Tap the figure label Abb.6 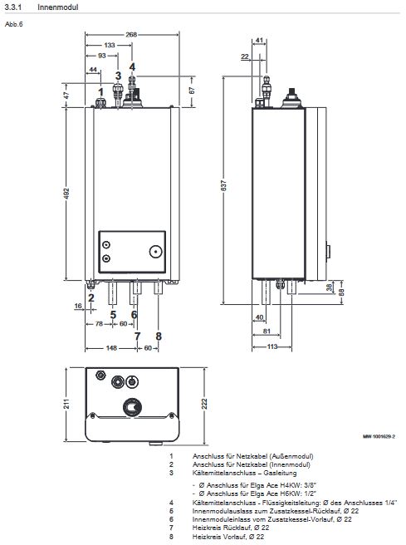tap(13, 24)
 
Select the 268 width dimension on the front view tap(131, 34)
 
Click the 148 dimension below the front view tap(111, 348)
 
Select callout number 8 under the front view tap(158, 336)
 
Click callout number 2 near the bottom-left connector tap(91, 297)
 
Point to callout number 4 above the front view tap(132, 66)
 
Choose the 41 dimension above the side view tap(260, 40)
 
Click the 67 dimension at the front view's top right tap(192, 90)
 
